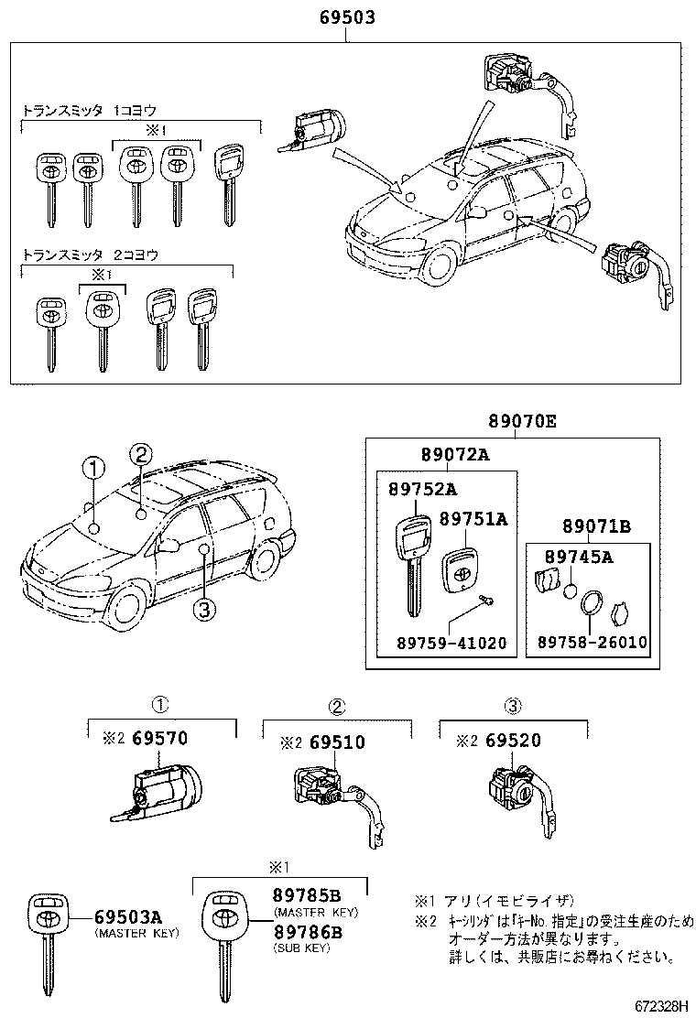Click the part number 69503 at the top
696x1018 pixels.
tap(347, 17)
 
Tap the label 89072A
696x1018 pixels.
tap(455, 455)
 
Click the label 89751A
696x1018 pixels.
tap(473, 519)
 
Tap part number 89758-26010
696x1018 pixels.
tap(589, 643)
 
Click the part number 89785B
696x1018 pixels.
tap(307, 895)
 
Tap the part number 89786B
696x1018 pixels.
tap(307, 932)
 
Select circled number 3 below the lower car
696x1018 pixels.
tap(204, 608)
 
